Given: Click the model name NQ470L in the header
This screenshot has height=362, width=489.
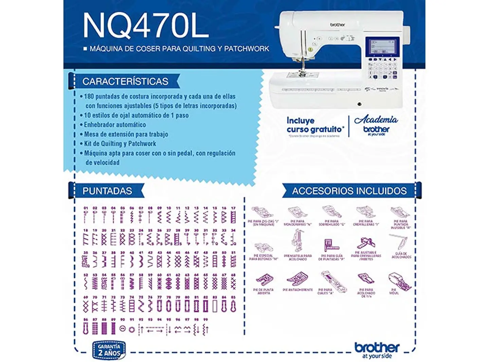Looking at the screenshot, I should tap(145, 26).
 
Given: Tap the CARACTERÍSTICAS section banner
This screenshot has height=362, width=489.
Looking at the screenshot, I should tap(125, 82).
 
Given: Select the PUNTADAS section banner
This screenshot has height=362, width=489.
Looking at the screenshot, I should tap(107, 191).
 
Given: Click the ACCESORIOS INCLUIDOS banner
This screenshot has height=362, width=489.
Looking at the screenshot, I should tap(349, 191).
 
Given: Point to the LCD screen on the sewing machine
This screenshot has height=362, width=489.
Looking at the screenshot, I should tap(382, 46).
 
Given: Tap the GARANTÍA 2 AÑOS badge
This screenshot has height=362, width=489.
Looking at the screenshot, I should tap(109, 350).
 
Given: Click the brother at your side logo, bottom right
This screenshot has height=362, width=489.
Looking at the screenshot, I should tap(377, 350).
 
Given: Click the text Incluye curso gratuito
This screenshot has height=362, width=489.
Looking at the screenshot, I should tap(314, 125).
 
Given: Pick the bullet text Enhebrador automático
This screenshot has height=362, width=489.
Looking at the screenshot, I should tap(115, 125).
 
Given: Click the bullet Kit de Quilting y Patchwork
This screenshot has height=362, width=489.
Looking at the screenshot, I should tap(120, 144).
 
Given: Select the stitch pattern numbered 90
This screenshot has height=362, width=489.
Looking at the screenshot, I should tap(123, 329).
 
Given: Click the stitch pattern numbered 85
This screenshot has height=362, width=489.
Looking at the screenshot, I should tap(233, 306).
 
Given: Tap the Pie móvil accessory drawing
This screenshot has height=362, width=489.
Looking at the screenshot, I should tap(399, 280).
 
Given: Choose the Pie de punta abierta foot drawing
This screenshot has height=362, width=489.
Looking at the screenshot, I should tap(264, 279).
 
